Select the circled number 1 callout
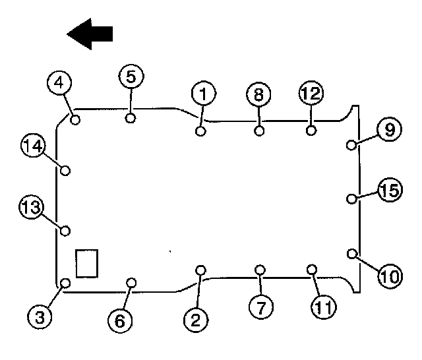tap(204, 94)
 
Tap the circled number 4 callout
tap(59, 84)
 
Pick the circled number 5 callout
tap(131, 76)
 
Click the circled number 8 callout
tap(258, 94)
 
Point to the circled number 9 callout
tap(389, 130)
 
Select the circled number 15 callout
tap(390, 192)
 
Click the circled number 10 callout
tap(390, 276)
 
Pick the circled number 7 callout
tap(261, 305)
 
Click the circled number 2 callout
tap(195, 320)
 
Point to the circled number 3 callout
tap(40, 316)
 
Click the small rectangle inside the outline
tap(87, 263)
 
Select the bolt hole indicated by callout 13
tap(65, 230)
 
